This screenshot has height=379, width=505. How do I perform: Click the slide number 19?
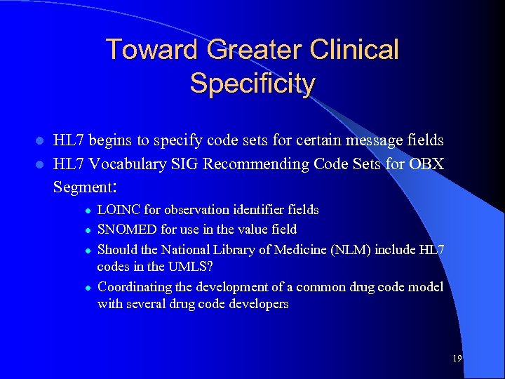[x=457, y=359]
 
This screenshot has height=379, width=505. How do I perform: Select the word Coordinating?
[x=133, y=287]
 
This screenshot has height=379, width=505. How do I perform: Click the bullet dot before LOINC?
[x=86, y=211]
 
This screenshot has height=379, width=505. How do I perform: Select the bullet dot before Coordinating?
[x=86, y=288]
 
